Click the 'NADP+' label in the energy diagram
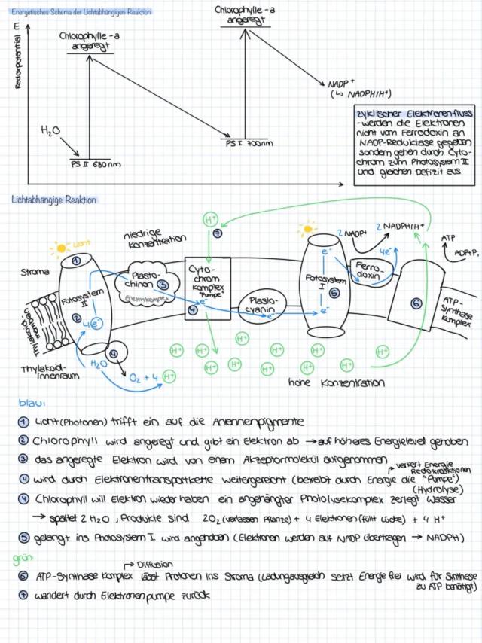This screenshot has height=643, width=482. pyautogui.click(x=342, y=84)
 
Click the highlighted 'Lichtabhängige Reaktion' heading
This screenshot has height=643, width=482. pyautogui.click(x=53, y=200)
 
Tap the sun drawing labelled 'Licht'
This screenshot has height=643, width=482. pyautogui.click(x=59, y=247)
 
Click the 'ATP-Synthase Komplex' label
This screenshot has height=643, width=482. pyautogui.click(x=456, y=307)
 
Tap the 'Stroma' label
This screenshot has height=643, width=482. pyautogui.click(x=35, y=272)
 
